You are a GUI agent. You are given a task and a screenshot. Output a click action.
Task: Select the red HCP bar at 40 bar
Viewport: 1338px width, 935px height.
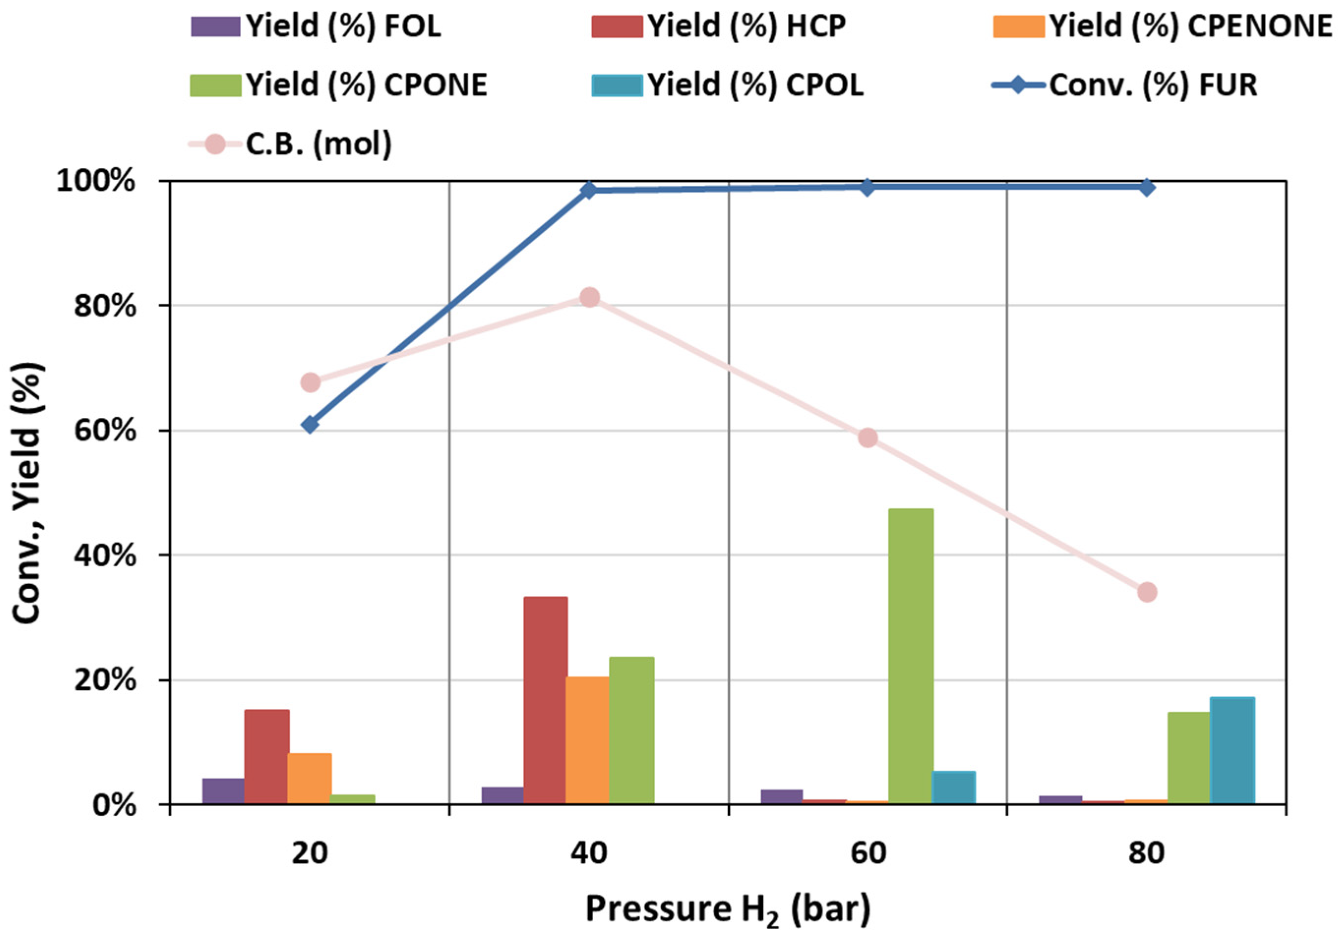545,700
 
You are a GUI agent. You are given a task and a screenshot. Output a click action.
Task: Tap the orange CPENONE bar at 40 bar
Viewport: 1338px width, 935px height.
588,740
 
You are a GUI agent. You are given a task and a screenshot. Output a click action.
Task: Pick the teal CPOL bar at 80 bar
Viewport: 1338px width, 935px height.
1232,751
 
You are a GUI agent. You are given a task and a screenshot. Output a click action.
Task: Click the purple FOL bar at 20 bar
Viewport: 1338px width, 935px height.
223,791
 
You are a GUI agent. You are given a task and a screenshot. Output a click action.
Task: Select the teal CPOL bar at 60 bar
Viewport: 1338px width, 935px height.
953,788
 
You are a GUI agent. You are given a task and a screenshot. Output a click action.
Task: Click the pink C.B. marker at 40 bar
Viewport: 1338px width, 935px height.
590,298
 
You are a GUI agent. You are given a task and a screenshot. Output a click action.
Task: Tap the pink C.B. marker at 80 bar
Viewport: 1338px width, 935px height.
1147,592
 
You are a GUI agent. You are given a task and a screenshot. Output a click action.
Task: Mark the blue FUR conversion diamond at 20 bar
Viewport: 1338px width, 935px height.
311,425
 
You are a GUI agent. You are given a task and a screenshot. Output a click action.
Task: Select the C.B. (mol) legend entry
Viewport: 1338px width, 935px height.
318,144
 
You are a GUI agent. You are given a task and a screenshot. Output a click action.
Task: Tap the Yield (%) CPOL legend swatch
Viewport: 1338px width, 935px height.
617,86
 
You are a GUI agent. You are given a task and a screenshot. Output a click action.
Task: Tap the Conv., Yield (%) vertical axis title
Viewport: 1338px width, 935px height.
28,492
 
